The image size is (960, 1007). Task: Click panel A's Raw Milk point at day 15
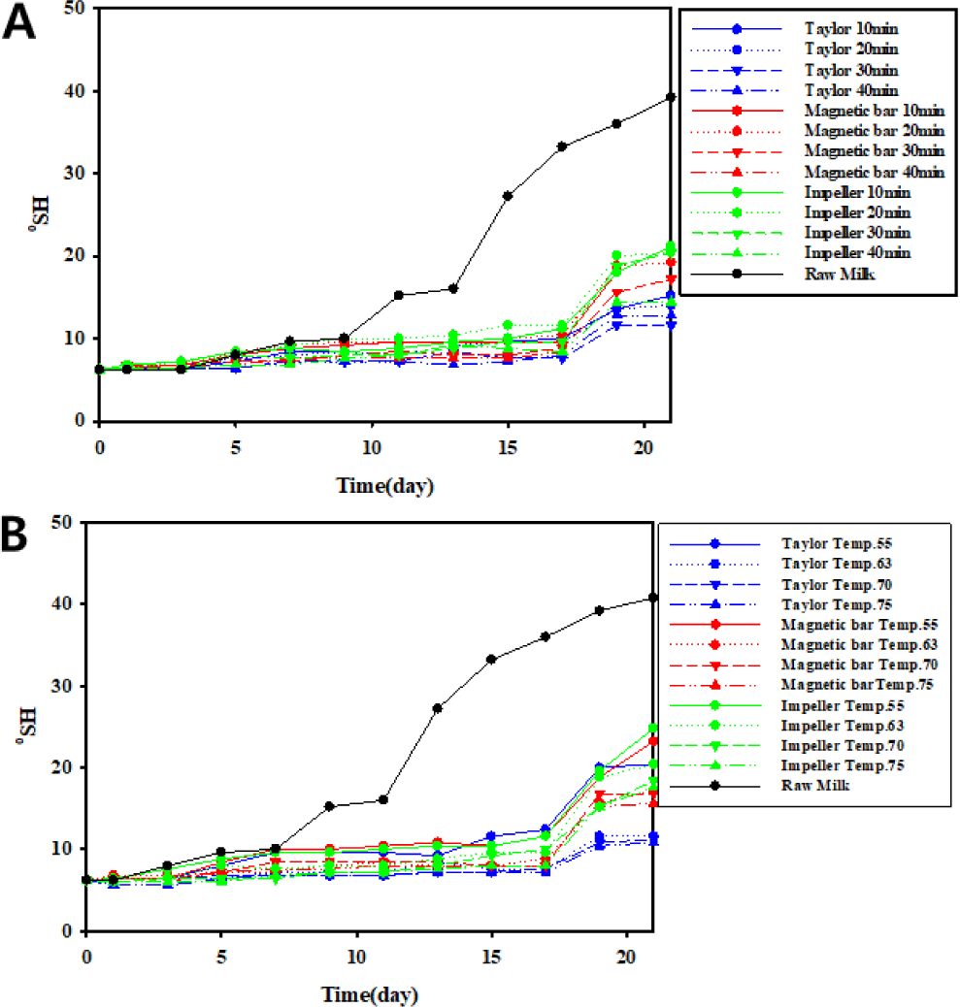[x=508, y=196]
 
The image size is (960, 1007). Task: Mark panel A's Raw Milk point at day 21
[x=671, y=97]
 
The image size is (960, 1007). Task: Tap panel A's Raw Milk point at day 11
[x=398, y=295]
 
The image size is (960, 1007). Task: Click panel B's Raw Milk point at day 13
[x=438, y=708]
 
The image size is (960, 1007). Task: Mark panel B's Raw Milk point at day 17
[x=546, y=636]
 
